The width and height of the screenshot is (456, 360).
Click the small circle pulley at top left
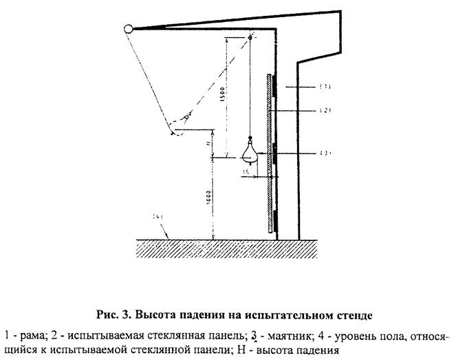pyautogui.click(x=128, y=29)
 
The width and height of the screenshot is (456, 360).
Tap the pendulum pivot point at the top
pyautogui.click(x=250, y=36)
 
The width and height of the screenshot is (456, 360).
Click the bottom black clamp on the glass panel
pyautogui.click(x=274, y=222)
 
